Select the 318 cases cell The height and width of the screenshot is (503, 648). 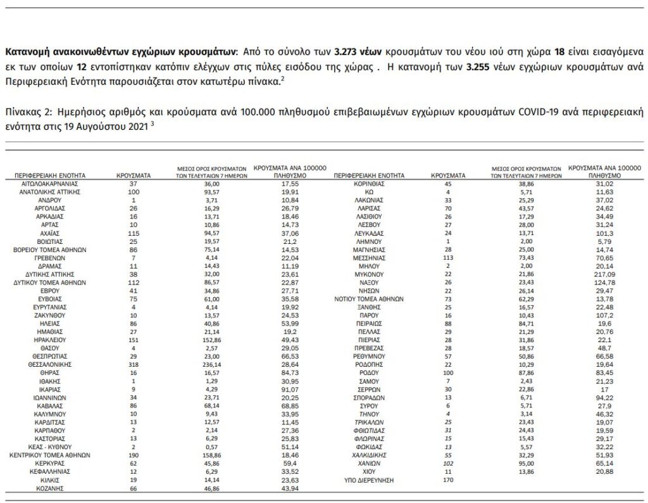134,365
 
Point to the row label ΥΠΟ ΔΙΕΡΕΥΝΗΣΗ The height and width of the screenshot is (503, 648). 369,480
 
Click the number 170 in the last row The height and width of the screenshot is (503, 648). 449,480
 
